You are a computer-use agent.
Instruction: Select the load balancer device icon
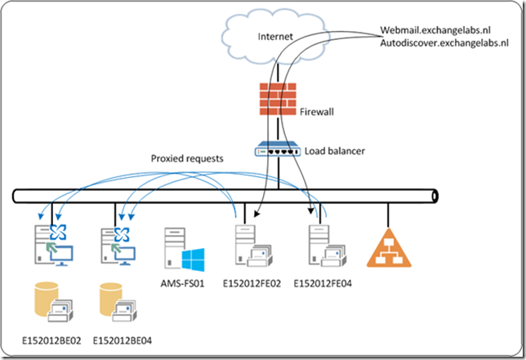coord(280,150)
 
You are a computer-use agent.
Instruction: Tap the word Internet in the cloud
coord(274,37)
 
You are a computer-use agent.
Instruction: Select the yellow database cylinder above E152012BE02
coord(46,301)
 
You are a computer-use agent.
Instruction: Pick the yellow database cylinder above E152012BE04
coord(113,301)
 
